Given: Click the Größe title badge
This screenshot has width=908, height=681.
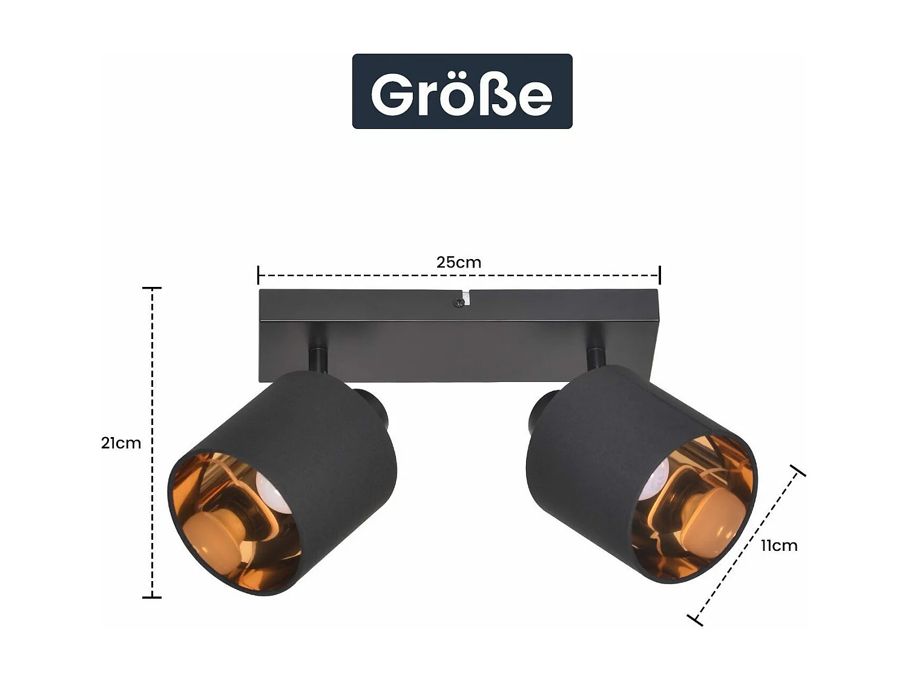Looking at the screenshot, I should click(x=462, y=91).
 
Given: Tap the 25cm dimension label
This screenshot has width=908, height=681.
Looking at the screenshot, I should click(x=459, y=263).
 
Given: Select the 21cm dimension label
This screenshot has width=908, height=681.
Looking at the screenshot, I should click(x=121, y=443).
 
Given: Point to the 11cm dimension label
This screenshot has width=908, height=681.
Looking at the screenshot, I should click(x=779, y=545).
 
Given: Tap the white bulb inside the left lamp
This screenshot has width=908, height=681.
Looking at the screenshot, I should click(x=272, y=491).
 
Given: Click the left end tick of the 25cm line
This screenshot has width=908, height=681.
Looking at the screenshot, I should click(x=258, y=275).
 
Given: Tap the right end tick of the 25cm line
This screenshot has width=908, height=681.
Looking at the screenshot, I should click(x=660, y=275).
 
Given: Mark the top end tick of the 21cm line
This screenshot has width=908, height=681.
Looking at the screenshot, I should click(x=152, y=288).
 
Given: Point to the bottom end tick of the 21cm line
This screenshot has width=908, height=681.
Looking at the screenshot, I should click(x=152, y=597).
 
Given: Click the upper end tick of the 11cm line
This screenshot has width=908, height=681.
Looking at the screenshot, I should click(x=798, y=470).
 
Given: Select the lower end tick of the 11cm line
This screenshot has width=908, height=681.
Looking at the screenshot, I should click(x=696, y=619).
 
